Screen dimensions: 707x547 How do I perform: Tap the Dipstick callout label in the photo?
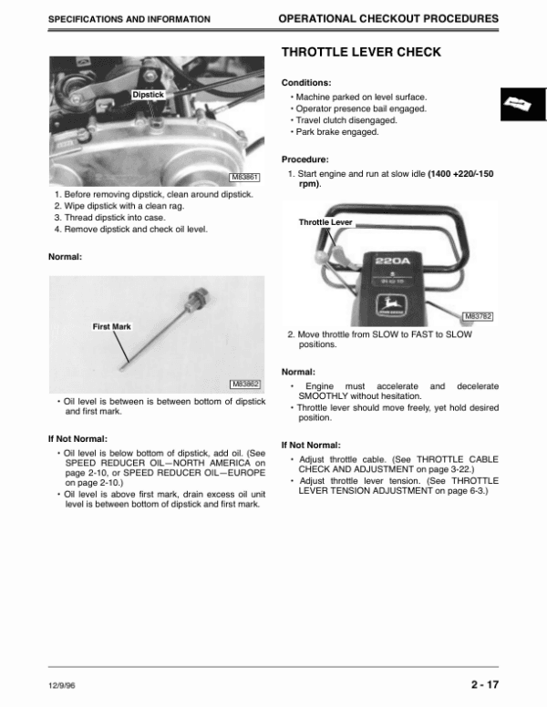pos(148,94)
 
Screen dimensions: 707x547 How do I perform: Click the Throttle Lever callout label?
pos(325,222)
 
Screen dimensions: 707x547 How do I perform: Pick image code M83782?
pos(478,316)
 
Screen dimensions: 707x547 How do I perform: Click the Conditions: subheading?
pos(306,83)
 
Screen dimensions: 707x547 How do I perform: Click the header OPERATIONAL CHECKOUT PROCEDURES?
pos(387,18)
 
